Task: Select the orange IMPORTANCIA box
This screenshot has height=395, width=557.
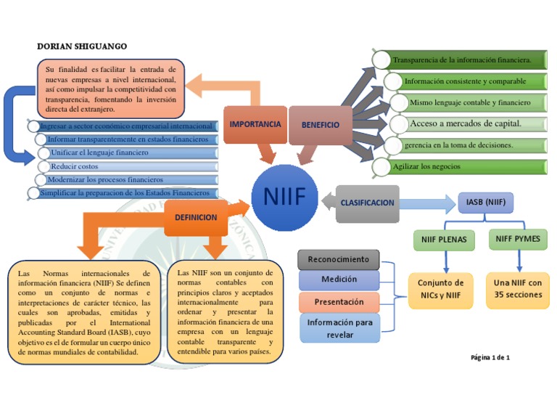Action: pyautogui.click(x=255, y=124)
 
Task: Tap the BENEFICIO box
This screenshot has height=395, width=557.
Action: pyautogui.click(x=321, y=124)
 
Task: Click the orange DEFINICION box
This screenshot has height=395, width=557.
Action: pyautogui.click(x=196, y=217)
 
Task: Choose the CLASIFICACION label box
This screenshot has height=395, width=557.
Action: pyautogui.click(x=368, y=203)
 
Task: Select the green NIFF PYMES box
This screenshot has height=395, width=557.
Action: pyautogui.click(x=518, y=238)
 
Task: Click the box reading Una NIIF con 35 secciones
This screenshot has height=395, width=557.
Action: pyautogui.click(x=518, y=289)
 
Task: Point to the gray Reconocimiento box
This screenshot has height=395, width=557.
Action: pyautogui.click(x=338, y=259)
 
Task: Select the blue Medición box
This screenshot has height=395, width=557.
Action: pyautogui.click(x=339, y=280)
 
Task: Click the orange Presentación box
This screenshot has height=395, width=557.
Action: pyautogui.click(x=339, y=301)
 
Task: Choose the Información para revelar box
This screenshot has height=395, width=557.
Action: pyautogui.click(x=339, y=328)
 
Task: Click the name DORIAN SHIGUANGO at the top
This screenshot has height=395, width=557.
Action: pyautogui.click(x=81, y=46)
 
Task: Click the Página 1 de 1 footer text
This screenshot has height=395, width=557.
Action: pyautogui.click(x=490, y=357)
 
